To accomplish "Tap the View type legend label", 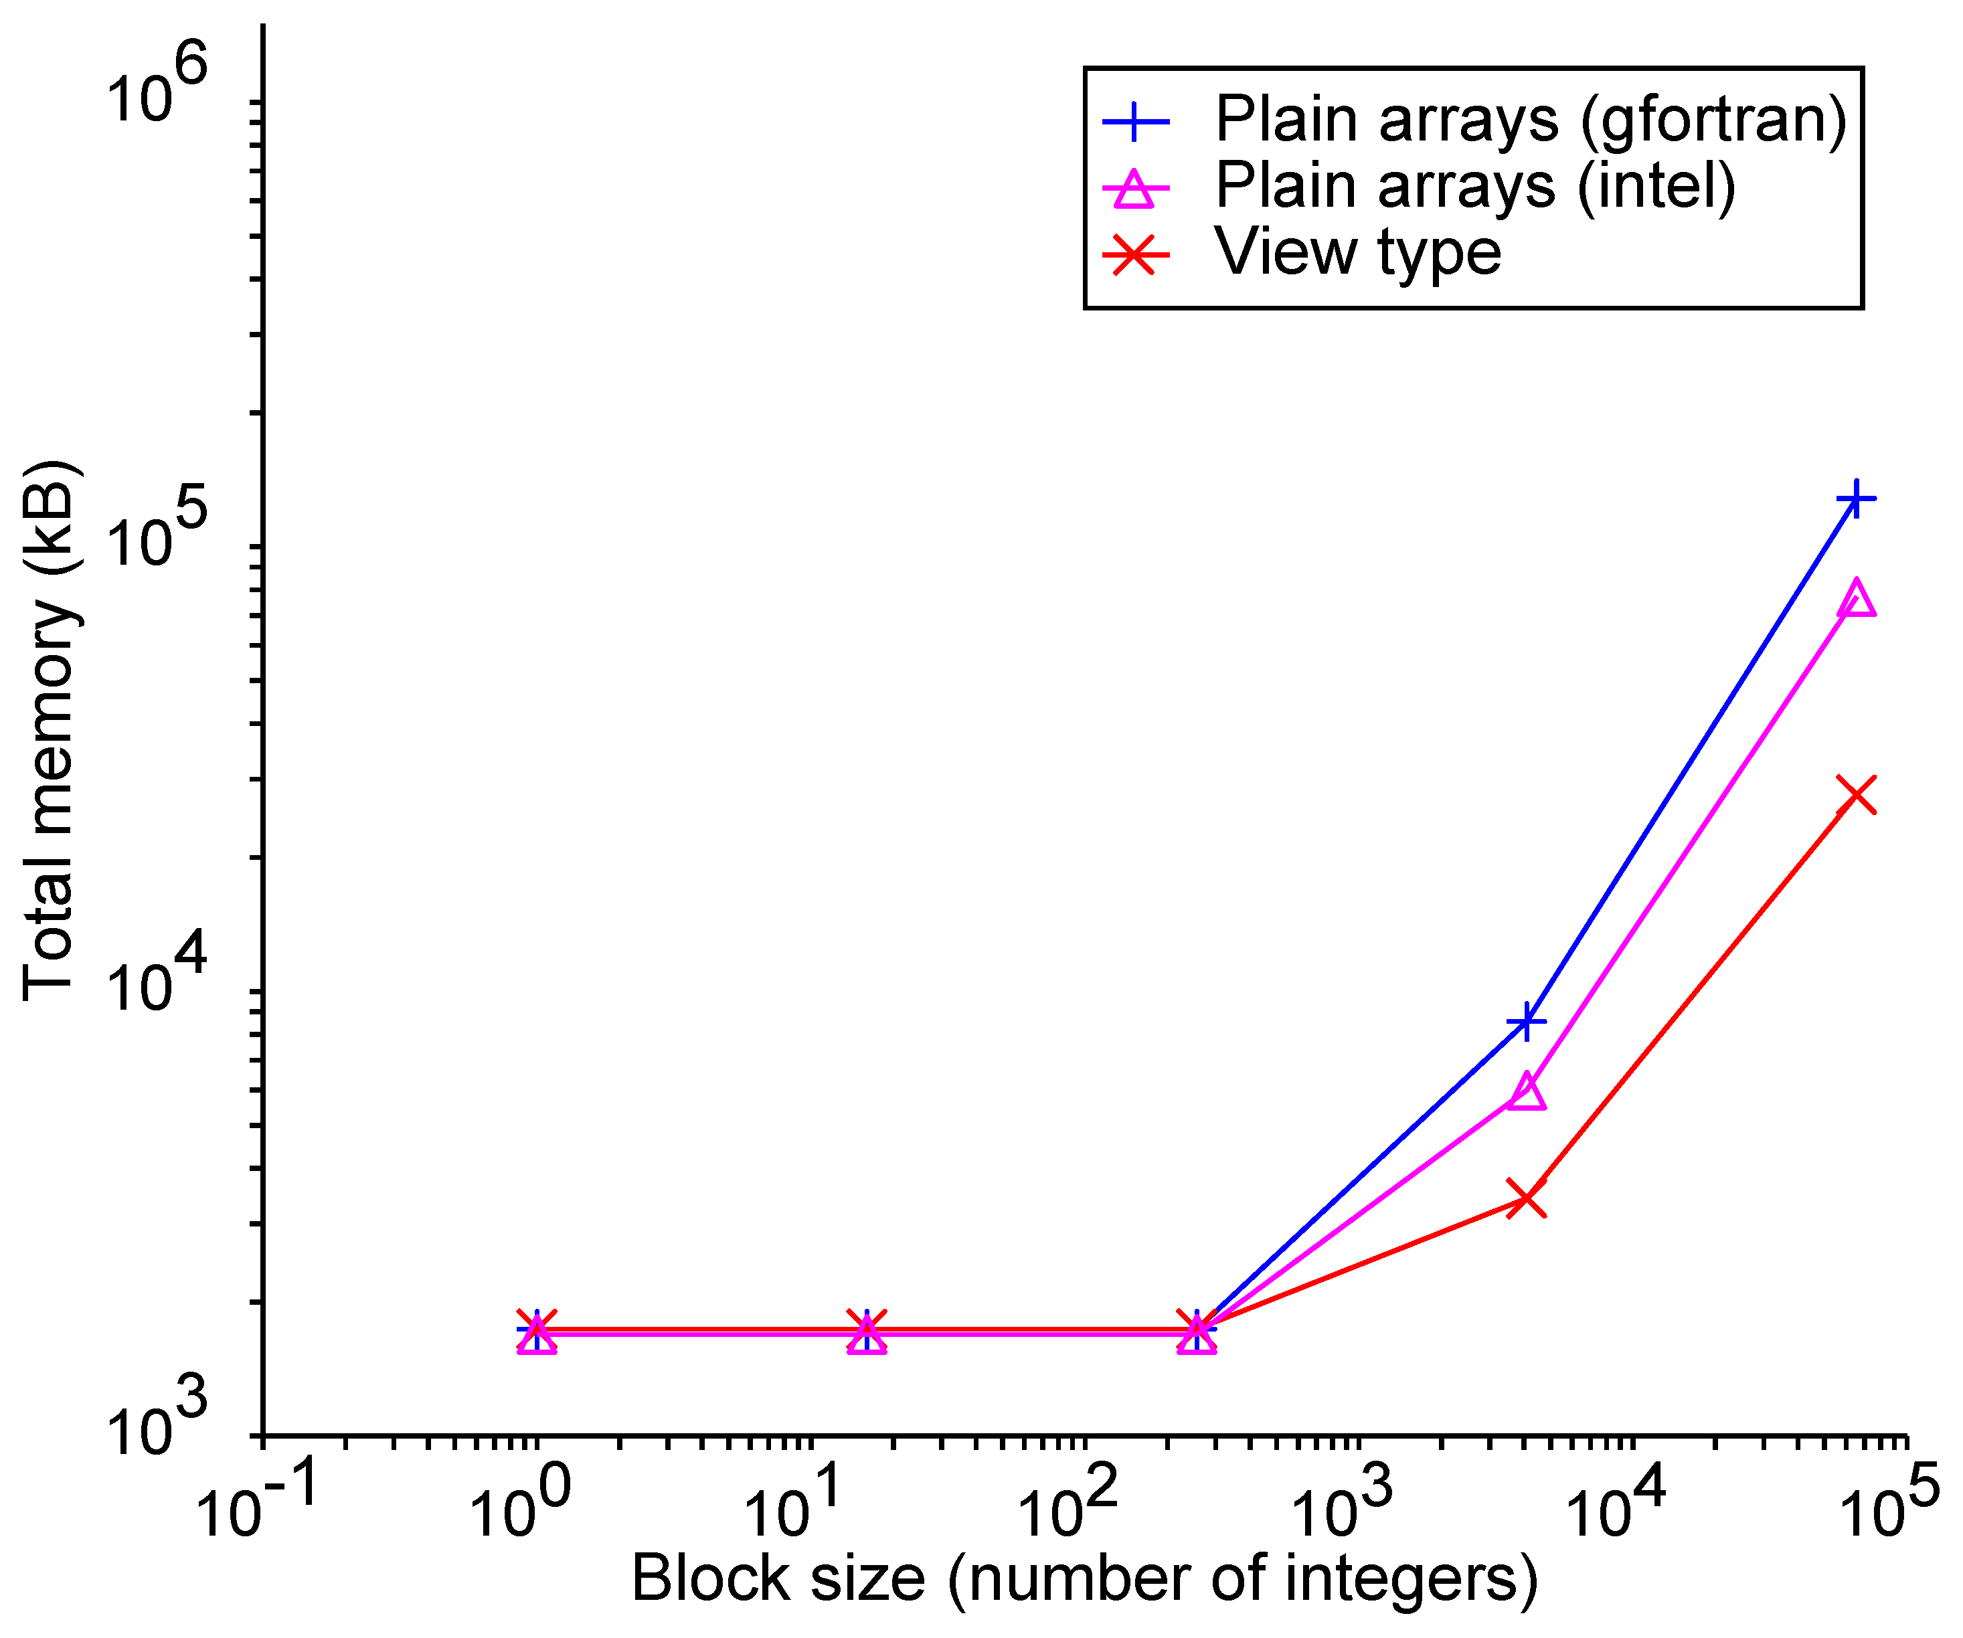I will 1357,252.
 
